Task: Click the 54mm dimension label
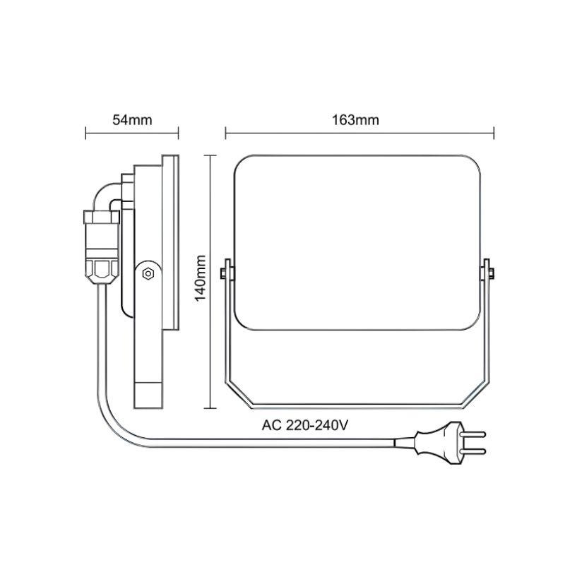(x=132, y=119)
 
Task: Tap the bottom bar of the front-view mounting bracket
(x=357, y=407)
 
